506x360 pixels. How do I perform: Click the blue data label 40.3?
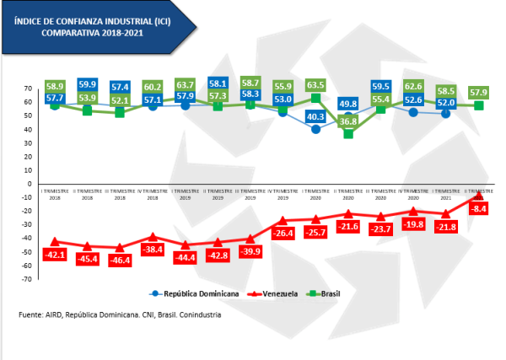point(315,117)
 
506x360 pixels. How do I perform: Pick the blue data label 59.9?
point(87,84)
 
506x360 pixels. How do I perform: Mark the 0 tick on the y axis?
point(30,184)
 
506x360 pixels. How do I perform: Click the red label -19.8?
point(412,225)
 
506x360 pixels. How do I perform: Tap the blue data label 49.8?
point(347,104)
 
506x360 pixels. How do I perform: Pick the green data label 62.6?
point(412,86)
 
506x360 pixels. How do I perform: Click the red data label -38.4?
point(152,250)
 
